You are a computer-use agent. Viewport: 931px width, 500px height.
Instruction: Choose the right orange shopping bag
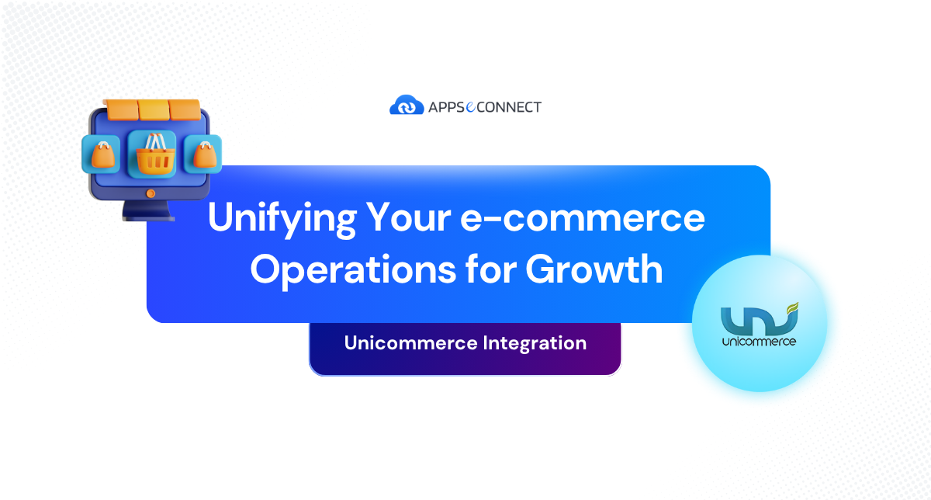[x=203, y=155]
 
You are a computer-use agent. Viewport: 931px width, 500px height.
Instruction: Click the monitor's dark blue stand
[x=150, y=208]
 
